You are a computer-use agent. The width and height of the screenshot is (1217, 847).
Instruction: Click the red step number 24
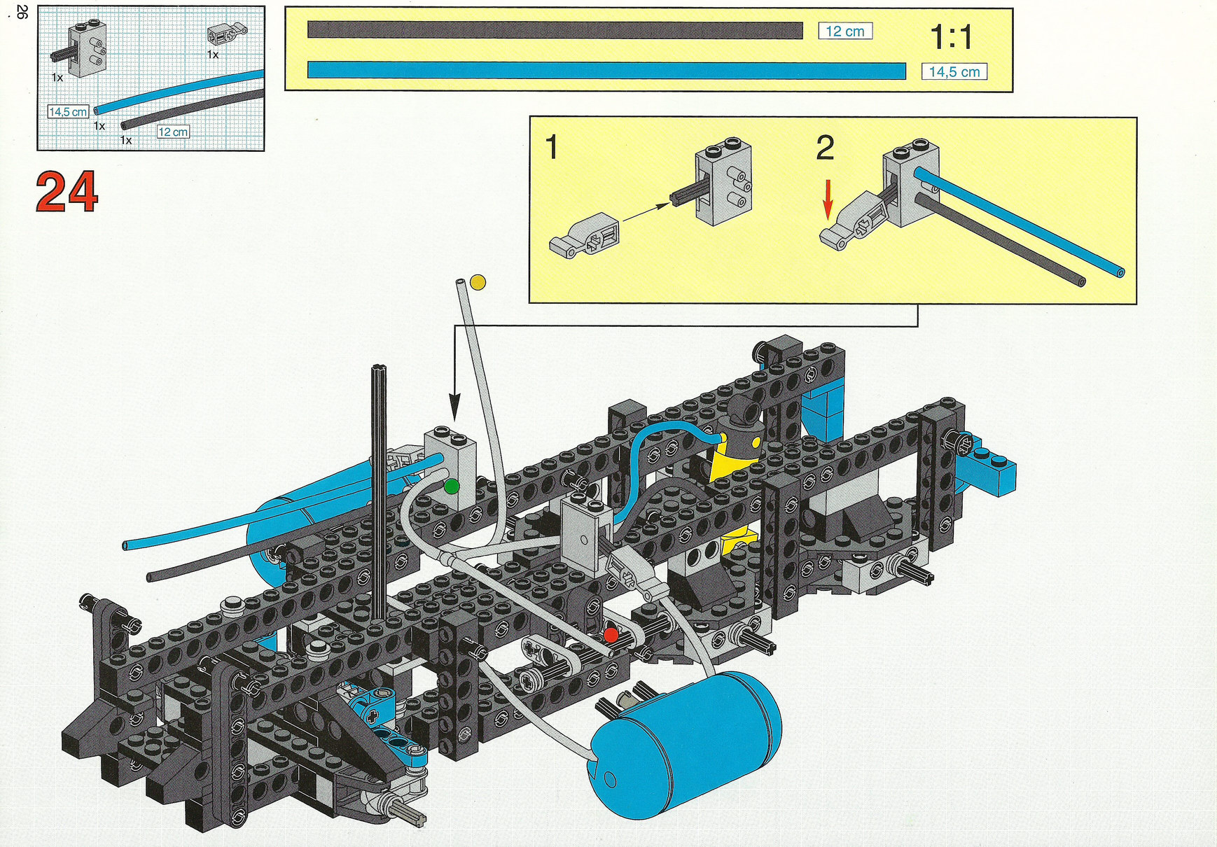point(67,192)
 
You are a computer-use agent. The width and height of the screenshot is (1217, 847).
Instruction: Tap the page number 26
point(22,12)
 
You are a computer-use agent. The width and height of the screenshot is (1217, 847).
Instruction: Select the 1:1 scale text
point(951,37)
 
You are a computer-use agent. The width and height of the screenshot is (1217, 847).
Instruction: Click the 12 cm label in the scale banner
point(845,31)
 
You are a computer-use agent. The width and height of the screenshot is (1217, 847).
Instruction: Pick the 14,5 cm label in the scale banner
point(954,71)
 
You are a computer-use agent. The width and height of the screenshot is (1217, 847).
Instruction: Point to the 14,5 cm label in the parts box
point(68,111)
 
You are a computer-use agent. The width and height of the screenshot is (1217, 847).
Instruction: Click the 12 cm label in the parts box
point(173,132)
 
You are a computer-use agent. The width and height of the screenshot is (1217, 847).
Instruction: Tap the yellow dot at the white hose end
point(478,282)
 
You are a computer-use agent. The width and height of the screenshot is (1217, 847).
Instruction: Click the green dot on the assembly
point(452,486)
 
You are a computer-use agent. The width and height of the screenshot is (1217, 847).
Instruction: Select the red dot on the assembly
point(611,635)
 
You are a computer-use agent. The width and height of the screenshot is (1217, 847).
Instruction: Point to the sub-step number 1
point(552,148)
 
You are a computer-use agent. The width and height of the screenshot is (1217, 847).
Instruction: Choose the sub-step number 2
point(825,148)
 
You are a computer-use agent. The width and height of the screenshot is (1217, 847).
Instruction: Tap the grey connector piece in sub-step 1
point(585,235)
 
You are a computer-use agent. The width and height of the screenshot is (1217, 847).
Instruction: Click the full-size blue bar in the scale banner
point(606,71)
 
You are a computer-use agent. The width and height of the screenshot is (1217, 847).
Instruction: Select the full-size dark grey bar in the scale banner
point(555,30)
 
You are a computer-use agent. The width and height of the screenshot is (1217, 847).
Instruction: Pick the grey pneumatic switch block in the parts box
point(85,48)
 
